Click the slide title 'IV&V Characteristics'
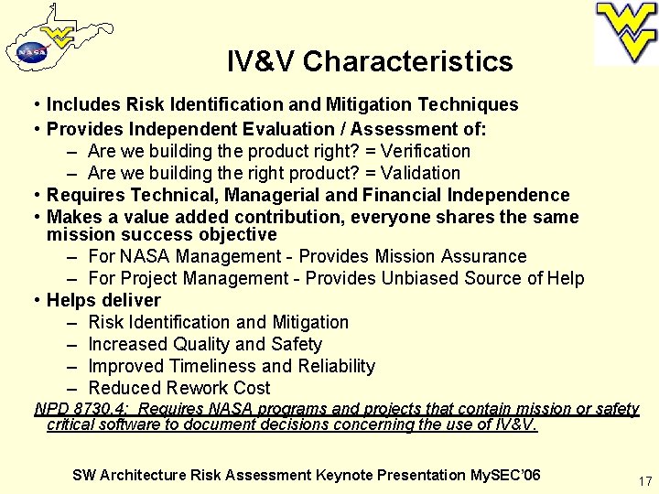(370, 61)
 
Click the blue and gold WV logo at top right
(626, 32)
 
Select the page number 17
(643, 479)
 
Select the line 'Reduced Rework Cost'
(178, 388)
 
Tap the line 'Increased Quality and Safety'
(205, 344)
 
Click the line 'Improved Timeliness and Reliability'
(232, 366)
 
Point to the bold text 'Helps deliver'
(103, 300)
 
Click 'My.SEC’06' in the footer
(506, 475)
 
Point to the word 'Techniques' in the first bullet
(473, 105)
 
